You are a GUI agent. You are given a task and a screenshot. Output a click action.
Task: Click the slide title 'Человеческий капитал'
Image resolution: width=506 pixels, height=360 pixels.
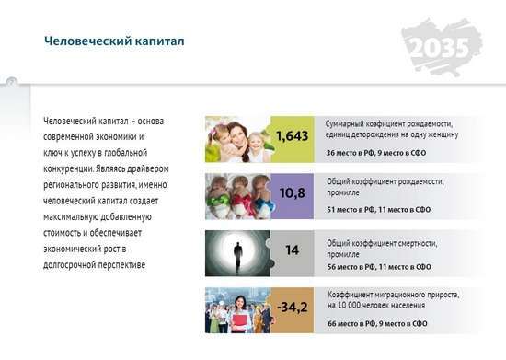pos(114,41)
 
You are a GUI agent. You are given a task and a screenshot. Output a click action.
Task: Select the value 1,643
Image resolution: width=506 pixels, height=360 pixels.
pos(292,136)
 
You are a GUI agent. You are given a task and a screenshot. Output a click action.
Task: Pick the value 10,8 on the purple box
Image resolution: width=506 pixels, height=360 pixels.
pos(292,193)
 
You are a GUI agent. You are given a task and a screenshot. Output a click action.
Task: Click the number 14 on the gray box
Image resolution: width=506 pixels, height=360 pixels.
pos(292,250)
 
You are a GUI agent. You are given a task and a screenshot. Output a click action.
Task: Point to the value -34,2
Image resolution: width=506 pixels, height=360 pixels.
pos(292,307)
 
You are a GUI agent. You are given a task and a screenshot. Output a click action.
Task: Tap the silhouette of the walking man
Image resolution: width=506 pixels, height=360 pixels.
pos(238,257)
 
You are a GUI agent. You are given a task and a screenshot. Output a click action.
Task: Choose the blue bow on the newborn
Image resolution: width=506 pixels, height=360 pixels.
pos(265,203)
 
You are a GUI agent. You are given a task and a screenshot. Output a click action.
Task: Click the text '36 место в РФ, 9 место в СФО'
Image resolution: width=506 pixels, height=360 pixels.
pos(376,153)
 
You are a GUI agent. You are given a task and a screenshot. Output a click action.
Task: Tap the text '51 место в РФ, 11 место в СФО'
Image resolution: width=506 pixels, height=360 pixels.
pos(378,210)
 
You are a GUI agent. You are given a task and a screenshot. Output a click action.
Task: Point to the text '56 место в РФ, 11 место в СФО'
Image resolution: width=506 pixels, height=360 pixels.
pos(379,267)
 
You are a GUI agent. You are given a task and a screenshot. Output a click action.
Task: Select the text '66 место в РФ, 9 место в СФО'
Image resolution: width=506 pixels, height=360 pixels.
pos(377,323)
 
